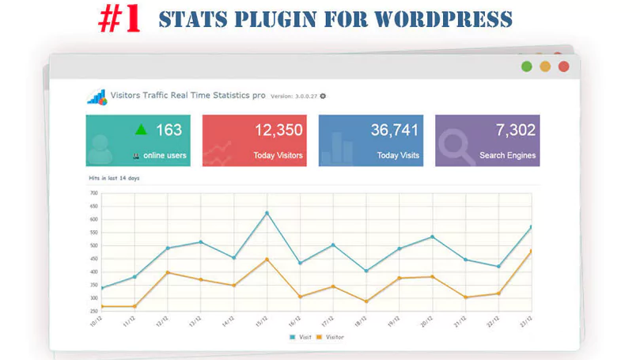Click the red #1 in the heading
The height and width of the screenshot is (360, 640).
click(x=119, y=20)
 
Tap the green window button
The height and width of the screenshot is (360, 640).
click(x=527, y=66)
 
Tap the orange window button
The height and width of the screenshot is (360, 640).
click(x=545, y=66)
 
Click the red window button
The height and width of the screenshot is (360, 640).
click(x=563, y=66)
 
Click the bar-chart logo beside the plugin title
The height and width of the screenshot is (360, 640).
click(x=97, y=97)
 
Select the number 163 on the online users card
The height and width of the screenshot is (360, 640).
click(x=169, y=131)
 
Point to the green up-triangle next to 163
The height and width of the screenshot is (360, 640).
click(x=141, y=130)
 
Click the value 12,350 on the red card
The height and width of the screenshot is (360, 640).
click(x=278, y=131)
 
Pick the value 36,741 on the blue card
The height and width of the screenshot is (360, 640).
click(x=395, y=131)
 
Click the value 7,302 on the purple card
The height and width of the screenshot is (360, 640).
click(x=516, y=131)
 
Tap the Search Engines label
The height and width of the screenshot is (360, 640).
click(x=507, y=156)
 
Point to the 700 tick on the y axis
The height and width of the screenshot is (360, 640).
click(x=93, y=193)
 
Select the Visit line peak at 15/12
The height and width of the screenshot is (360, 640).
click(x=267, y=213)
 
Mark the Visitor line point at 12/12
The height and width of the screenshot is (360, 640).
click(x=168, y=272)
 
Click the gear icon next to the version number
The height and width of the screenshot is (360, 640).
click(x=323, y=97)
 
